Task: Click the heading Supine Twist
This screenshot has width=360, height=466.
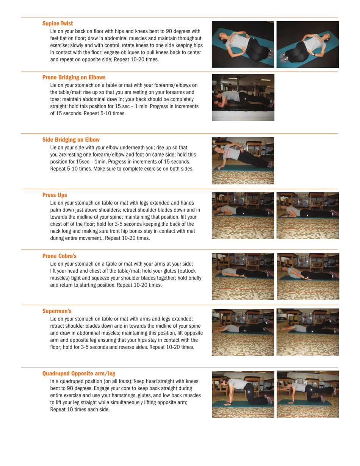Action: pos(58,23)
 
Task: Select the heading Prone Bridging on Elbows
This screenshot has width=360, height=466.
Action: pos(74,77)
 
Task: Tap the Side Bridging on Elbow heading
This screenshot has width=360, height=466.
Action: pos(71,140)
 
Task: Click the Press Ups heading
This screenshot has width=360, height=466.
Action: pos(55,195)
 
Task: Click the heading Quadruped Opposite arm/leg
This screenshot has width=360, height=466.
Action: pos(79,373)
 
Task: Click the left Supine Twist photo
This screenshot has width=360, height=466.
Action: pos(243,44)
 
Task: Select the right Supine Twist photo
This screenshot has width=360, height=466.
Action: pos(308,44)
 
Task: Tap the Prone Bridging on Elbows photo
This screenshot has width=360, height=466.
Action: pos(243,97)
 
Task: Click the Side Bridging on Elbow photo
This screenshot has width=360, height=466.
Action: pos(243,161)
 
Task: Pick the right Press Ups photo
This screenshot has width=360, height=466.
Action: pos(308,215)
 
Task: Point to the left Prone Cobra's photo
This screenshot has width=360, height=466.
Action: pos(243,277)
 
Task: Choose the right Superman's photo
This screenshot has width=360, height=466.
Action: pos(308,332)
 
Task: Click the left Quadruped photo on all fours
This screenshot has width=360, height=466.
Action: pos(243,394)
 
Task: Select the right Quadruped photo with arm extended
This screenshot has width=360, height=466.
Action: pos(308,394)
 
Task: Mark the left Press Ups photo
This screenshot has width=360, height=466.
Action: pos(243,215)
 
